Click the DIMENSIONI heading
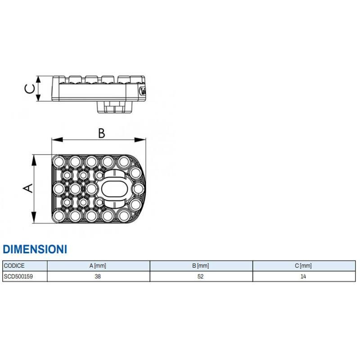pos(35,249)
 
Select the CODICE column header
pos(14,265)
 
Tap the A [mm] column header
pos(98,265)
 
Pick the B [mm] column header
pos(201,265)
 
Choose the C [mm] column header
pos(303,265)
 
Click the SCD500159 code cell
pos(18,276)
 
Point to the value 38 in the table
pos(98,276)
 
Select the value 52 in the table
pos(201,276)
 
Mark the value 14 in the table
pos(303,276)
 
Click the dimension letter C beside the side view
pos(30,89)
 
